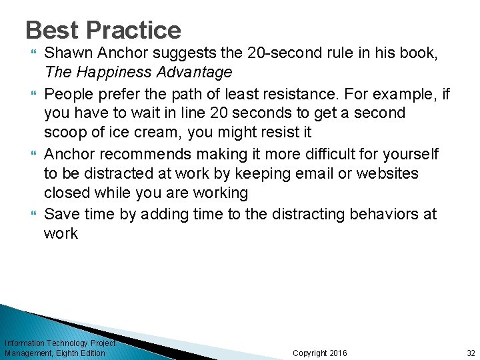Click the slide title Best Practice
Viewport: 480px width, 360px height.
pyautogui.click(x=103, y=30)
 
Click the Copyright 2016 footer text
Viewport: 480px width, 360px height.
pyautogui.click(x=320, y=353)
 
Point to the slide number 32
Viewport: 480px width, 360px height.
pyautogui.click(x=471, y=353)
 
